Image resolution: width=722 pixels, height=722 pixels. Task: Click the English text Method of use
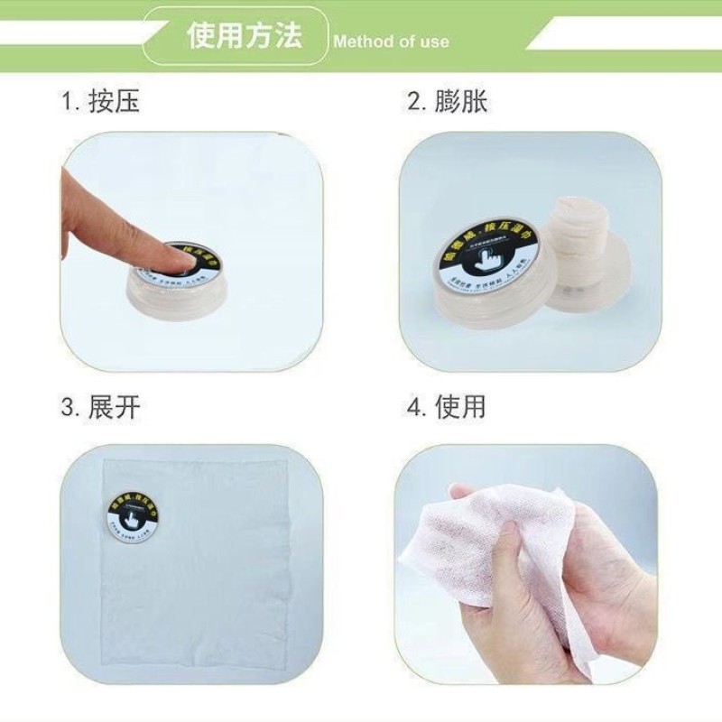point(391,42)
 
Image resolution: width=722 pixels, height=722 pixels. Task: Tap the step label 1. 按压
point(100,101)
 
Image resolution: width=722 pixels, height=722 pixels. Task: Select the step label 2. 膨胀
point(447,101)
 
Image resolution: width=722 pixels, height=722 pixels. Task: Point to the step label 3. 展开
point(100,406)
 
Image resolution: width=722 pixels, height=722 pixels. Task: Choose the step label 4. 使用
point(447,406)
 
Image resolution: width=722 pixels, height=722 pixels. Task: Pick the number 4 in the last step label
point(414,406)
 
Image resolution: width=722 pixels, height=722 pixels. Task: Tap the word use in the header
point(433,42)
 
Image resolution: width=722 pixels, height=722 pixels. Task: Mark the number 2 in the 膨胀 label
point(414,101)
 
